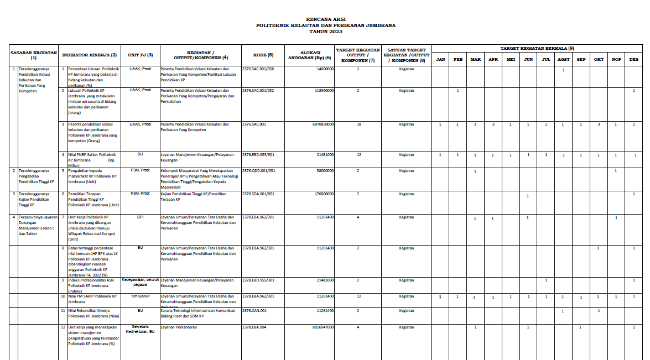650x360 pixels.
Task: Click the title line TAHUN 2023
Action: [x=325, y=32]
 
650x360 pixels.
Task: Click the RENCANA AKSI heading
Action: [x=325, y=19]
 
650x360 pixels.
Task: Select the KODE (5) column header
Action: [x=263, y=55]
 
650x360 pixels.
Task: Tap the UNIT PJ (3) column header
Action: [x=140, y=55]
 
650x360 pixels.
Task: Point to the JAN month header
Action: [x=440, y=59]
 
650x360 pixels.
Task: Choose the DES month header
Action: [x=633, y=59]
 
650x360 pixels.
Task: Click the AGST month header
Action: [x=563, y=59]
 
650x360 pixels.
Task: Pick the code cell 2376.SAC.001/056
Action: [x=258, y=69]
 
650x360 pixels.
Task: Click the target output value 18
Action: [x=358, y=124]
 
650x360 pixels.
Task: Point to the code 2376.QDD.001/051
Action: [x=259, y=170]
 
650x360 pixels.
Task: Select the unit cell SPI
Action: [x=140, y=217]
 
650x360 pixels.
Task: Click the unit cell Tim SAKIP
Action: [x=140, y=296]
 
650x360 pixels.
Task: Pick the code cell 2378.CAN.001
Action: [x=254, y=310]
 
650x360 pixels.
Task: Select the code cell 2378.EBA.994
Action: [x=254, y=327]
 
